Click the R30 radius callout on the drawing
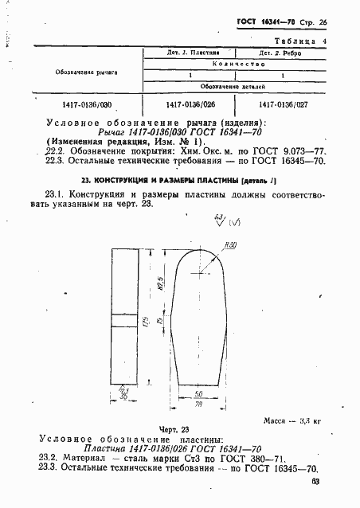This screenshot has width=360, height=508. point(231,245)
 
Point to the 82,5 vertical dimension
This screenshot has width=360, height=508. point(162,283)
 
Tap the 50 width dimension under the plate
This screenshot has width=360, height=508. point(196,393)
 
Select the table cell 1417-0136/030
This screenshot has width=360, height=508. point(88,104)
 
